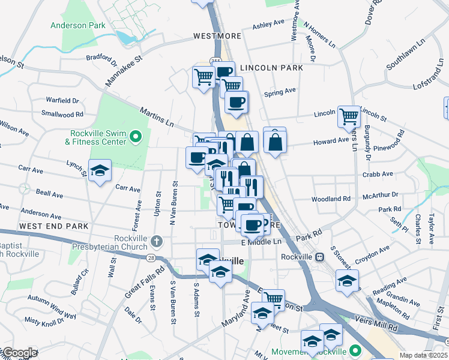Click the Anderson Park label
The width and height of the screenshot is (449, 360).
(x=78, y=26)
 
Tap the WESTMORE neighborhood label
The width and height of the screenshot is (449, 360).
(x=217, y=36)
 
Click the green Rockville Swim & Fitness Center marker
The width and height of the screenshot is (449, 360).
(x=136, y=137)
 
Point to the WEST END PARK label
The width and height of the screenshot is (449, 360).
(x=53, y=226)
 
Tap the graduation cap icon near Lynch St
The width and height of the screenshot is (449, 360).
(x=100, y=170)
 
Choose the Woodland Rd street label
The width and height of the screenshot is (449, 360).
(x=331, y=199)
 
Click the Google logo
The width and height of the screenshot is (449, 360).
(x=19, y=353)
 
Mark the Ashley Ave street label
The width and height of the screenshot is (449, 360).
(x=268, y=24)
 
